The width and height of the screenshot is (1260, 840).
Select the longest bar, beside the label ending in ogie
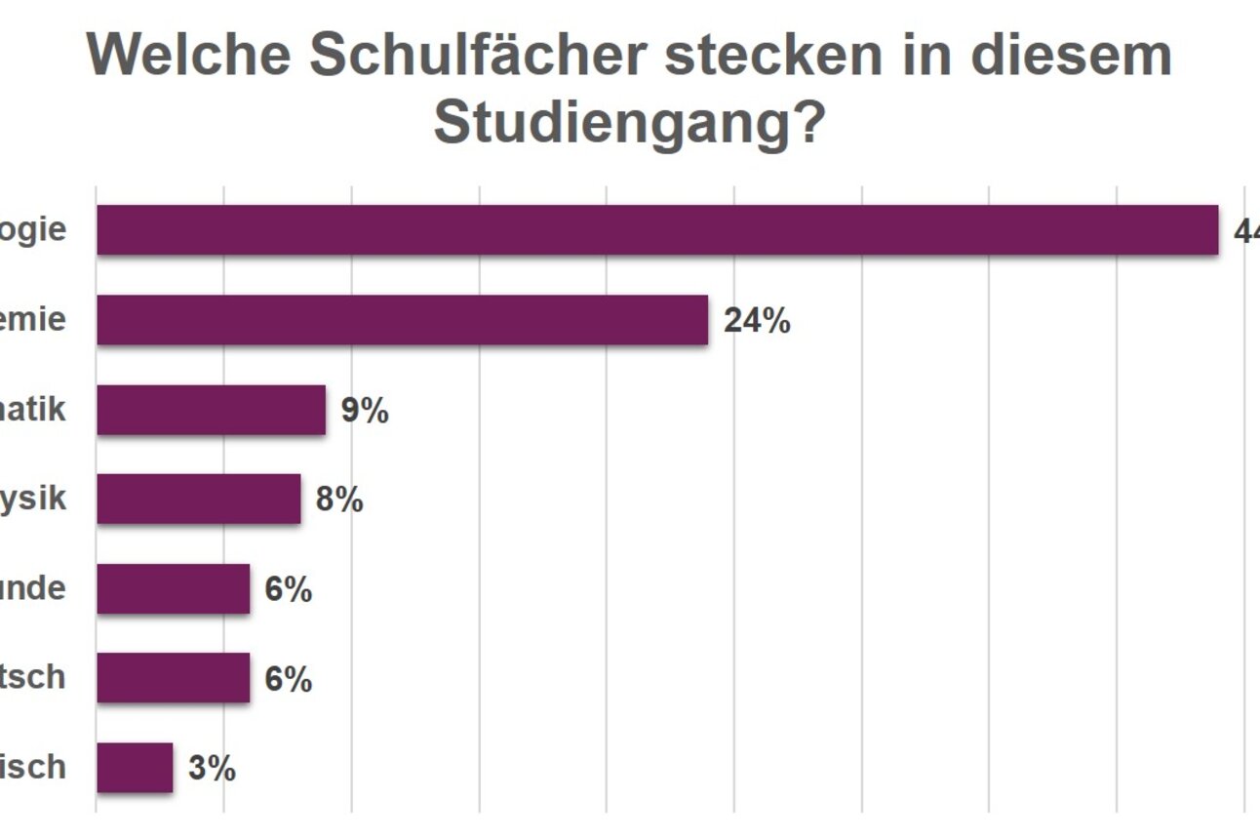coord(657,230)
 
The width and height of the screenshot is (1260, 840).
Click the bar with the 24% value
coord(402,320)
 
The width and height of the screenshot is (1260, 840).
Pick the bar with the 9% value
coord(211,410)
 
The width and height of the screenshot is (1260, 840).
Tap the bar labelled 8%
coord(198,500)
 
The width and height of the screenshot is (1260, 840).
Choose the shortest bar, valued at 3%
coord(135,769)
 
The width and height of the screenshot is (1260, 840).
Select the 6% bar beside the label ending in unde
coord(173,589)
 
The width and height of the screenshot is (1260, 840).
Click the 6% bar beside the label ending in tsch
coord(173,679)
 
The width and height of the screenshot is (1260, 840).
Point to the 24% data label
coord(757,321)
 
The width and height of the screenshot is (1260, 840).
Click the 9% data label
coord(365,411)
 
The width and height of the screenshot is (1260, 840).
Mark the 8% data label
coord(339,500)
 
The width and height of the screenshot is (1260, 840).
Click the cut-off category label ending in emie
coord(33,319)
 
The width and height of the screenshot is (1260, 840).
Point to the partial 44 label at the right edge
coord(1246,231)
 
